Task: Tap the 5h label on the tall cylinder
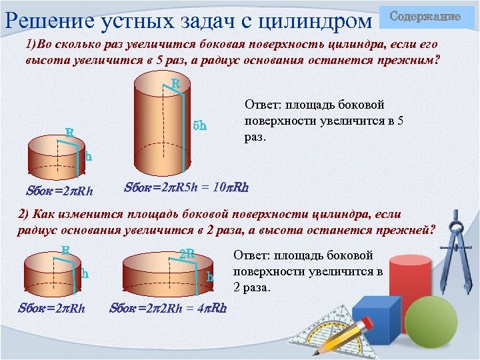199,125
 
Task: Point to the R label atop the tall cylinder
175,85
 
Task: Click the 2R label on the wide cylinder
187,254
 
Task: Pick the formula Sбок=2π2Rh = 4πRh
168,308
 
